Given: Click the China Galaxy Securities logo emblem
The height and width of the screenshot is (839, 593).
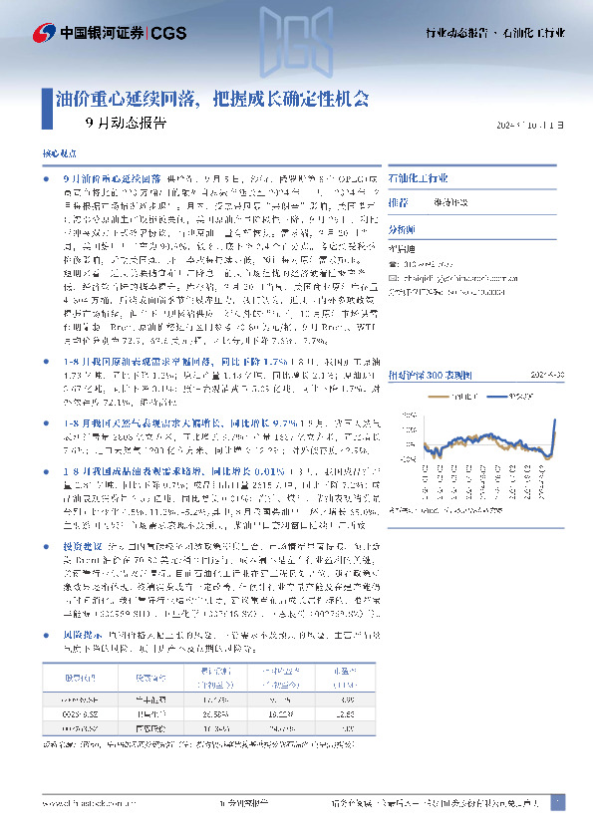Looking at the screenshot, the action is pos(44,34).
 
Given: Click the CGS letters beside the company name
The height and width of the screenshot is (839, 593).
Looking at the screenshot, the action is pos(171,34).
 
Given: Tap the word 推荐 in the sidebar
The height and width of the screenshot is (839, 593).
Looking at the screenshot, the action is pos(399,201).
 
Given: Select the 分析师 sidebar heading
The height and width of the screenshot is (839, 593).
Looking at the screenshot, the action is pos(403,228).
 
